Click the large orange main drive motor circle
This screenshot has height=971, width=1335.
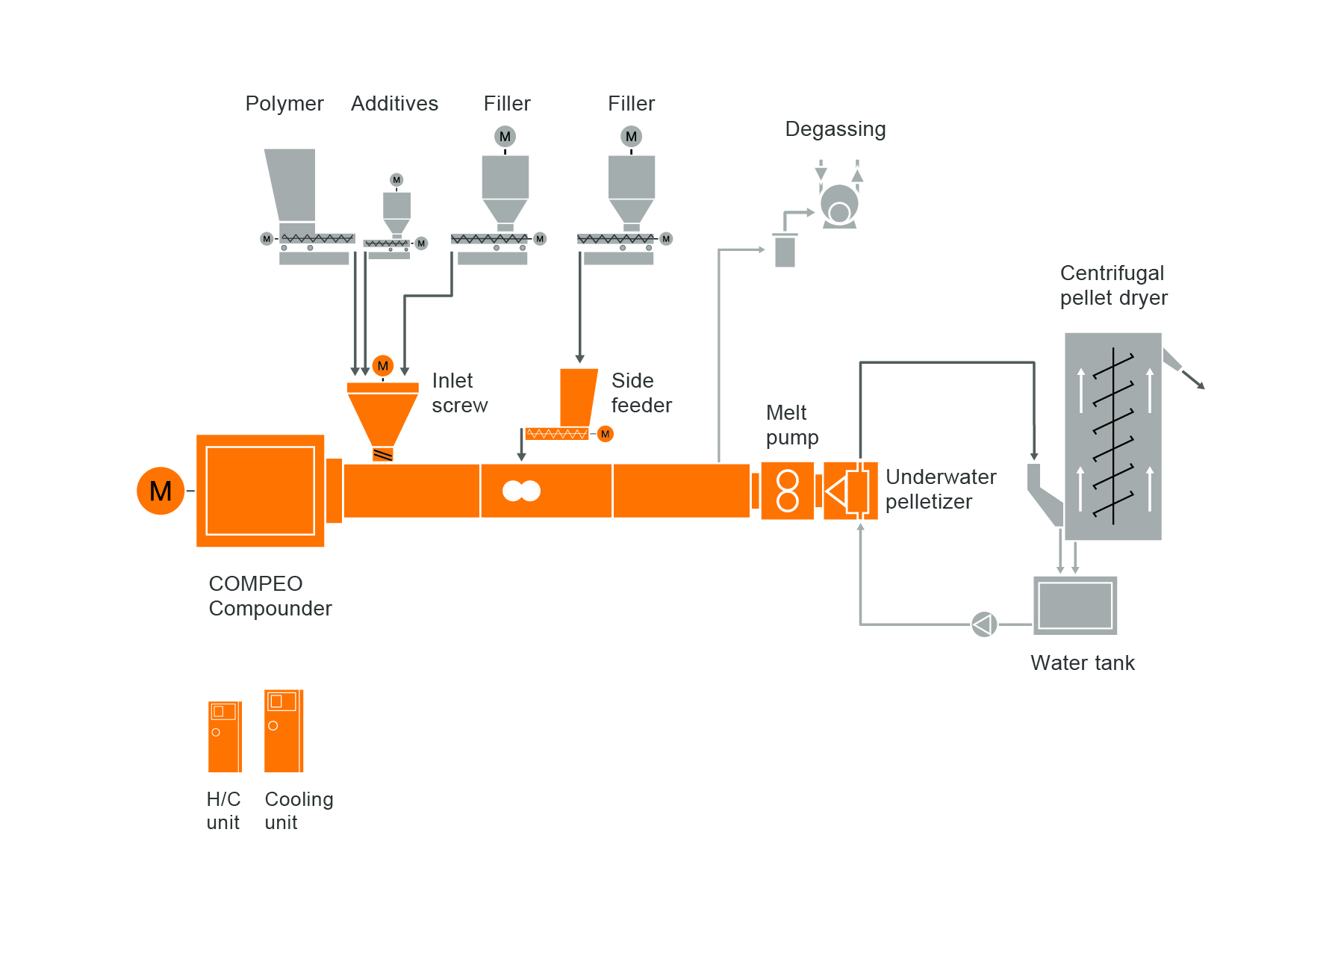click(161, 491)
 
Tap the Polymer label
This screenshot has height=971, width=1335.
click(284, 104)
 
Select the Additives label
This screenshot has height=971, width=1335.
click(394, 104)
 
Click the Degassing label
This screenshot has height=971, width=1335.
click(835, 129)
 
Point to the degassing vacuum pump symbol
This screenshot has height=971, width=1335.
click(839, 205)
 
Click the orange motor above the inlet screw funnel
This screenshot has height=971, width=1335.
click(383, 366)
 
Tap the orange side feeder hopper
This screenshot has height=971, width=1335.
click(578, 396)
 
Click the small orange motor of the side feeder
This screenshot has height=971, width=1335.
click(606, 434)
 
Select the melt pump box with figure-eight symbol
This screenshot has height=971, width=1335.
click(788, 491)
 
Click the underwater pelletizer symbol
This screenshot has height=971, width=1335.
click(850, 491)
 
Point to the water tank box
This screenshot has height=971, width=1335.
click(1075, 606)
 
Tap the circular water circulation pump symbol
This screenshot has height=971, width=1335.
click(984, 624)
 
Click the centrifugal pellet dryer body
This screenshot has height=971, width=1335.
click(1112, 436)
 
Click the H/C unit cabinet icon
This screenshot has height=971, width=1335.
click(225, 736)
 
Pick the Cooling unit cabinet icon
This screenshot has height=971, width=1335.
click(284, 730)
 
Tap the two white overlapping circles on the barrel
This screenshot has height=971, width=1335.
click(521, 491)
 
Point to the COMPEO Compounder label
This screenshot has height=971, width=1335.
click(270, 596)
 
